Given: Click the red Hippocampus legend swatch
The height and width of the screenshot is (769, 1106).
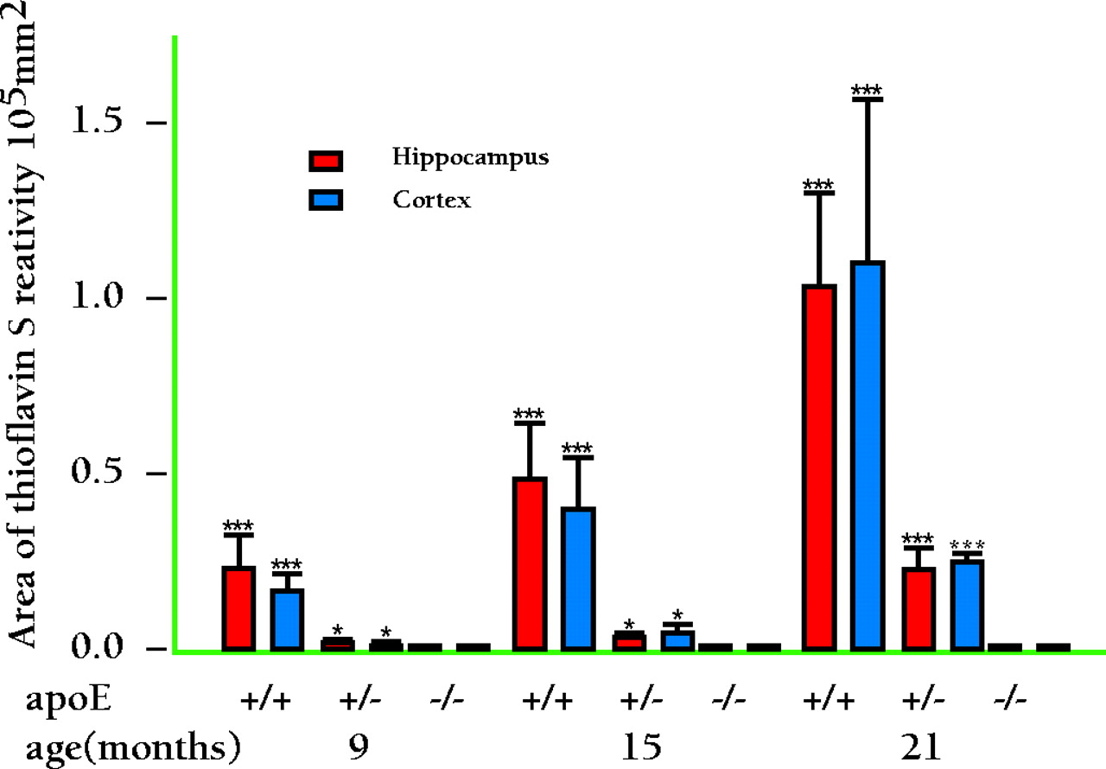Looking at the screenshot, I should coord(327,161).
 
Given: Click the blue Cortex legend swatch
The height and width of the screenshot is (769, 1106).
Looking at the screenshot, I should coord(327,200).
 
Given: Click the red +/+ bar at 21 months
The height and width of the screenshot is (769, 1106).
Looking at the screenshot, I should coord(818,467).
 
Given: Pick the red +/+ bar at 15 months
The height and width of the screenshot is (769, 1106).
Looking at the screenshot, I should coord(529,562).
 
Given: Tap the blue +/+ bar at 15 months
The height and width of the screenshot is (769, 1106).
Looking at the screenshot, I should coord(577,578).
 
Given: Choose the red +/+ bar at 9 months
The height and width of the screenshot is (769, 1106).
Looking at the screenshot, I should coord(238,607).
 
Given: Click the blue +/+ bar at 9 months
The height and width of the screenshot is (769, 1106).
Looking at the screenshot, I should coord(287,619).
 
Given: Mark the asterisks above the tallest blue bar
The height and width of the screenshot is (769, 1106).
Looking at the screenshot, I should coord(867,90).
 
